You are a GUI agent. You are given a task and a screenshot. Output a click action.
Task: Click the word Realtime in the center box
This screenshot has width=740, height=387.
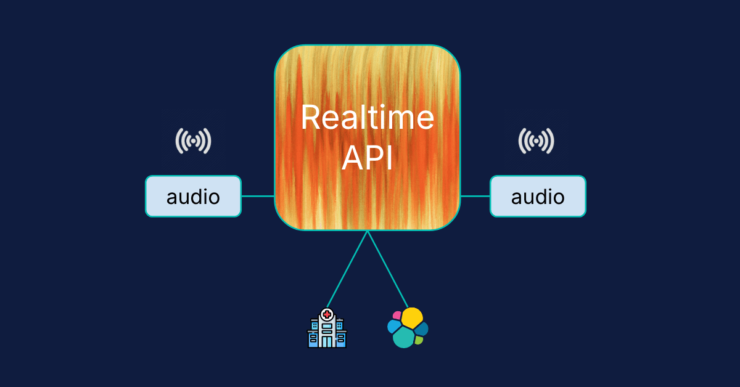(368, 117)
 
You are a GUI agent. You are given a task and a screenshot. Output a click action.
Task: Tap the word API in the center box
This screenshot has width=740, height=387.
(368, 158)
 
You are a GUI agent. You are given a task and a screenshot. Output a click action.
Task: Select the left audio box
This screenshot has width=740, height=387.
(193, 197)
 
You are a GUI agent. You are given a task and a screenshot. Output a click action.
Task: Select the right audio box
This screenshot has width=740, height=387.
(538, 197)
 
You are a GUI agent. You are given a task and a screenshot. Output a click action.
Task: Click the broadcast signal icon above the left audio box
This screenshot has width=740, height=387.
(193, 141)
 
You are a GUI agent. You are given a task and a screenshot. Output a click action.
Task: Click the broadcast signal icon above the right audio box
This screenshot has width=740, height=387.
(536, 141)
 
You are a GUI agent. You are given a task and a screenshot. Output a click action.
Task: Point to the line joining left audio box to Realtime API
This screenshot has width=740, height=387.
(258, 197)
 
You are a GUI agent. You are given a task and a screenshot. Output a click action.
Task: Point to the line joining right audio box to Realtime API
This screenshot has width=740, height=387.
(475, 197)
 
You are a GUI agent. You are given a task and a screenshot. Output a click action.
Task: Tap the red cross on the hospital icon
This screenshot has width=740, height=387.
(327, 314)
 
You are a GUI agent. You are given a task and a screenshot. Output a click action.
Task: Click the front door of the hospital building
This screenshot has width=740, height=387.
(327, 341)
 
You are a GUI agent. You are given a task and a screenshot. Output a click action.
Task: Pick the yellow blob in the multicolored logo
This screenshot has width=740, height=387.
(412, 317)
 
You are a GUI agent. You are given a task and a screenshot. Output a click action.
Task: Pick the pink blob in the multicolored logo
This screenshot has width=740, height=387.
(397, 316)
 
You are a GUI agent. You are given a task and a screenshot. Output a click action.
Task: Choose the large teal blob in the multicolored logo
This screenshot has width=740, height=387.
(404, 337)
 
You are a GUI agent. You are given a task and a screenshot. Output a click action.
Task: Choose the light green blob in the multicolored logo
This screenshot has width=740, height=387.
(419, 340)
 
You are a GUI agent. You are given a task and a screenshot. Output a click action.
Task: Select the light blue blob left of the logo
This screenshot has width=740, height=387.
(393, 327)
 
